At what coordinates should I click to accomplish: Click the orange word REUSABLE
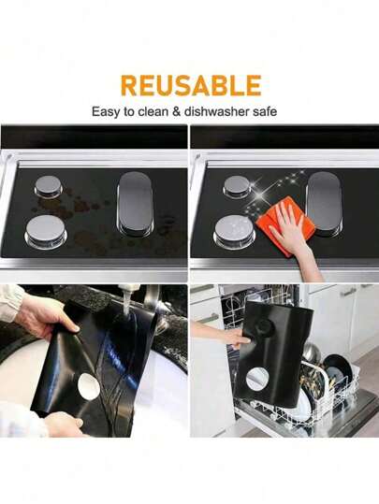tap(191, 85)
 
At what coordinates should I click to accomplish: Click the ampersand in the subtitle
tap(176, 112)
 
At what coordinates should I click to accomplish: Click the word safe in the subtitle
tap(265, 111)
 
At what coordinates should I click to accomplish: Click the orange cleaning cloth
tap(284, 225)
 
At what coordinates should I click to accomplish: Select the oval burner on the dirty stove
tap(135, 204)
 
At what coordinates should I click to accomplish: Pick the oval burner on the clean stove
tap(324, 204)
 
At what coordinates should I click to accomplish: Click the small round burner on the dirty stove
tap(48, 186)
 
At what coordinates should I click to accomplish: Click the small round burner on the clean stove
tap(237, 186)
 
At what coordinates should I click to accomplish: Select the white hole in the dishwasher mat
tap(257, 380)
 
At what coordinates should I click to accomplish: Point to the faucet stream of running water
tap(126, 309)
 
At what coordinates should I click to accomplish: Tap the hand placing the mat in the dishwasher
tap(226, 336)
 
